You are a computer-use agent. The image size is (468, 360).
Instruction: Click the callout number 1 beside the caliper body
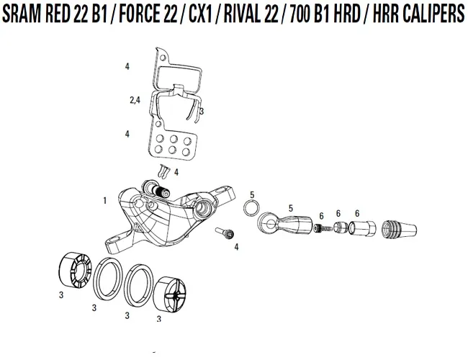pos(105,199)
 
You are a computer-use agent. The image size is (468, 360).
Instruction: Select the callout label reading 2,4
pos(134,101)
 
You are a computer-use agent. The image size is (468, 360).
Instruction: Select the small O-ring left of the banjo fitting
pos(252,208)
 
